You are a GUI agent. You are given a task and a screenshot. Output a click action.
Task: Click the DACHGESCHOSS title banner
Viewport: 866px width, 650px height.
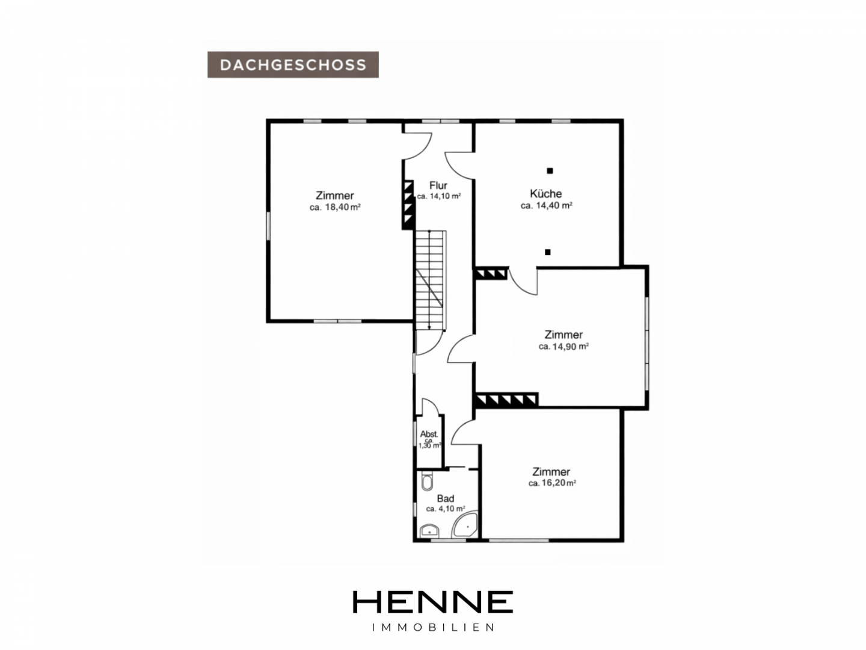[293, 65]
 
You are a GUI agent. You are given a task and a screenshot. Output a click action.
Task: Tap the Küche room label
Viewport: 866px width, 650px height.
[545, 193]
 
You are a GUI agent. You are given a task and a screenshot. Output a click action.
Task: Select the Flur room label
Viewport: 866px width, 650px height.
[438, 185]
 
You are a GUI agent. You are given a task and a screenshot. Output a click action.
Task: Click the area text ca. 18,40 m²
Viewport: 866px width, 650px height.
[335, 207]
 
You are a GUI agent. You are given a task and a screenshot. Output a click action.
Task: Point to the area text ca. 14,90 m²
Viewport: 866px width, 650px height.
[564, 347]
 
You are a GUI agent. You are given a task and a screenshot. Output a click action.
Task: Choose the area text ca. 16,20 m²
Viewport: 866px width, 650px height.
[552, 483]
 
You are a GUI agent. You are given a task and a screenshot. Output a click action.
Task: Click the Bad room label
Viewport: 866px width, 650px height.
[445, 498]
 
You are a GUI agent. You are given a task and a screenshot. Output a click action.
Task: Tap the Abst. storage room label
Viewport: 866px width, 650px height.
[428, 434]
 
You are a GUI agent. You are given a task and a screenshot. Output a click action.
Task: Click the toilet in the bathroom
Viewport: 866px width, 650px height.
[427, 481]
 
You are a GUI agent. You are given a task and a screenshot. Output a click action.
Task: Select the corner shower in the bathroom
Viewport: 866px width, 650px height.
[465, 525]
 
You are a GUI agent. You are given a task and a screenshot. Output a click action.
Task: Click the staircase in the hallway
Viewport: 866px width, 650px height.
[430, 280]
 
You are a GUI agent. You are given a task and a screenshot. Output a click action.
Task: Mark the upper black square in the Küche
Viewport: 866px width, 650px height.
[550, 171]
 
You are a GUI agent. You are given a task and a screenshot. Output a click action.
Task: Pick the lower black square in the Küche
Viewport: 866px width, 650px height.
[548, 252]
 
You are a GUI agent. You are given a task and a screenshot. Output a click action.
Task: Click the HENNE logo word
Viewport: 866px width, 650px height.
[432, 602]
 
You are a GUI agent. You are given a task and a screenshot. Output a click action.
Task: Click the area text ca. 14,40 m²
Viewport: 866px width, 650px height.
[547, 206]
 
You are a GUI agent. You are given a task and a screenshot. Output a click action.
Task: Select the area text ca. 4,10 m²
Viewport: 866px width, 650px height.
[446, 509]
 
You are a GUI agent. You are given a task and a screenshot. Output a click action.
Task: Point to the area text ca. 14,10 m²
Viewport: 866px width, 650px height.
[439, 196]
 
